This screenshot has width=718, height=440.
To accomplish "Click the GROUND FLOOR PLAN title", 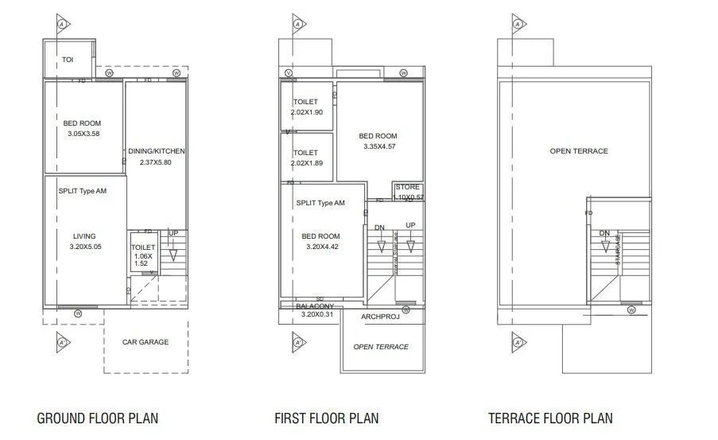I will [x=98, y=418].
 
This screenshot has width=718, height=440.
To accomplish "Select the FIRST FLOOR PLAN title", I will [x=326, y=418].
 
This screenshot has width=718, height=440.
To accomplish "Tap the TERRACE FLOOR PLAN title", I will [x=550, y=418].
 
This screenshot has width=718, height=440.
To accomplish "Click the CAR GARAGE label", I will [x=145, y=342].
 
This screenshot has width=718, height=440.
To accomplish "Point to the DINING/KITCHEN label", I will [x=157, y=151].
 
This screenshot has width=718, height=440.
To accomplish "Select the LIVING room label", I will [x=83, y=236].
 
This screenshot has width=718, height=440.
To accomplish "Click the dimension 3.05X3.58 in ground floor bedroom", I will [x=83, y=134].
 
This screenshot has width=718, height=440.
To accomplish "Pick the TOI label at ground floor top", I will [x=68, y=60].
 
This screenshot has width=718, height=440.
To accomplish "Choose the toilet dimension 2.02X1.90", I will [x=306, y=112].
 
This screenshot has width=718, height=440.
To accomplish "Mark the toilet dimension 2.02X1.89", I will [x=306, y=163].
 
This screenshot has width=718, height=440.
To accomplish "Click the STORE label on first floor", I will [x=407, y=188].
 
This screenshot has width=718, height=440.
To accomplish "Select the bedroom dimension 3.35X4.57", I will [x=378, y=146].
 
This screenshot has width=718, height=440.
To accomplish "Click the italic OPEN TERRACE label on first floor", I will [x=381, y=347].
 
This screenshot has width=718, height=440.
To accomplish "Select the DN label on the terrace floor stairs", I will [x=604, y=233].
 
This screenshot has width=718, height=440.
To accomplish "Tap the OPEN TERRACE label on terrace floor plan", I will [x=578, y=151].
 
